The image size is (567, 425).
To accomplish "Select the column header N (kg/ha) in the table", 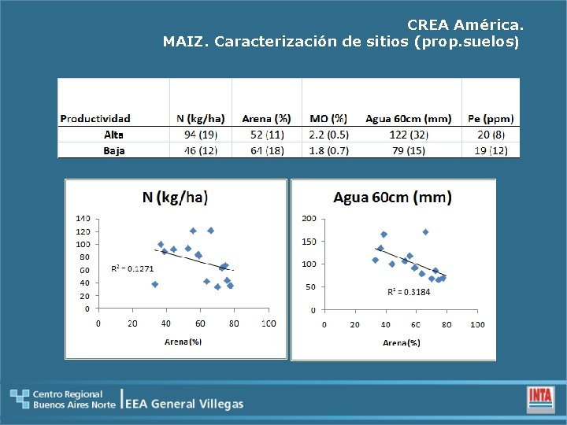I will (x=200, y=119).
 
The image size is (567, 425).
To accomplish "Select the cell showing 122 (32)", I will (x=408, y=135).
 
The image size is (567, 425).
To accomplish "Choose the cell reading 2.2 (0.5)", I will (x=328, y=135).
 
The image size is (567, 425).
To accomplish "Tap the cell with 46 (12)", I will (x=200, y=150).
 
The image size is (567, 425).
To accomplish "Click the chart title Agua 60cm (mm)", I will (x=392, y=197).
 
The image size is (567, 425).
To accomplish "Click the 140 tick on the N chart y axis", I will (x=82, y=218).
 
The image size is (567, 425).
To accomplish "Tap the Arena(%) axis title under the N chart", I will (x=183, y=342).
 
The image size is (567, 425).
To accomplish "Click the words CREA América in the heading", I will (x=465, y=25).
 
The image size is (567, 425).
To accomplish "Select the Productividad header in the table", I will (x=95, y=119).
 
